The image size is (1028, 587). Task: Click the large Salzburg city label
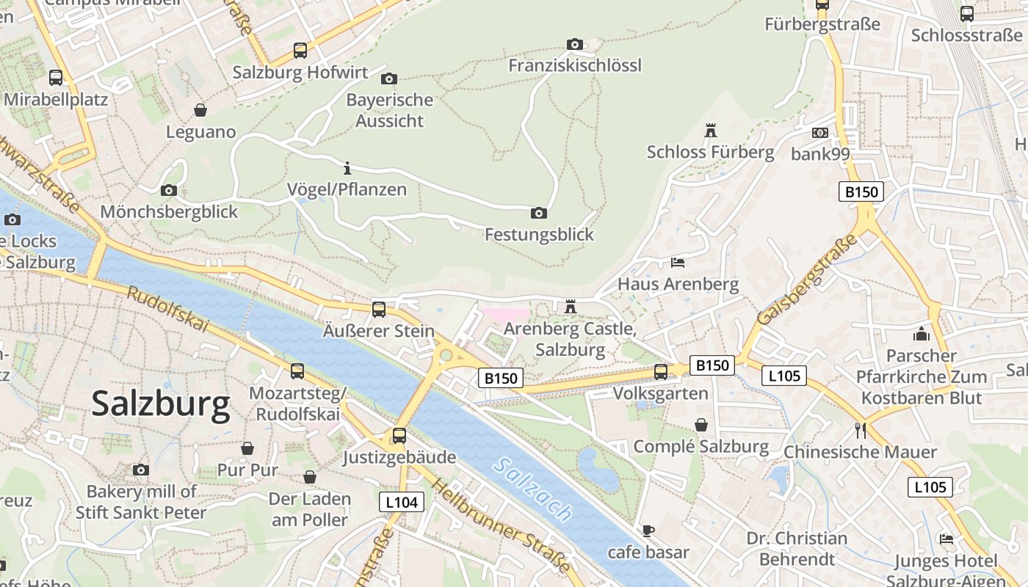click(x=161, y=404)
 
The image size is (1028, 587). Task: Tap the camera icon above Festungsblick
click(x=539, y=214)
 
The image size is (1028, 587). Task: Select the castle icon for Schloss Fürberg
click(x=710, y=131)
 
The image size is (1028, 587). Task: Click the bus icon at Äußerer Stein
click(x=379, y=310)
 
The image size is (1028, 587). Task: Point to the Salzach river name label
click(x=533, y=489)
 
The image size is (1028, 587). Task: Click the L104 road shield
click(x=402, y=502)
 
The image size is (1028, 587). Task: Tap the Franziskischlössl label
click(x=575, y=65)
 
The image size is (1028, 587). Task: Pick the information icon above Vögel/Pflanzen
click(x=347, y=167)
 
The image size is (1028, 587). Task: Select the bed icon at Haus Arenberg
click(x=678, y=262)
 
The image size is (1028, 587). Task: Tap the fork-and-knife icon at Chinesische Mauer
click(x=861, y=430)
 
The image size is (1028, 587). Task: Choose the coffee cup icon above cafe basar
click(x=648, y=531)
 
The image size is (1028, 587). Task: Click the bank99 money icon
click(x=820, y=133)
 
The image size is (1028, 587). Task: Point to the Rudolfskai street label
click(x=168, y=309)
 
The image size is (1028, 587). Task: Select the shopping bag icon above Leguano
click(x=200, y=110)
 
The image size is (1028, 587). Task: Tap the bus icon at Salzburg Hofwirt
click(x=300, y=51)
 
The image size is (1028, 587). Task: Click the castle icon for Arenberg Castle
click(x=571, y=307)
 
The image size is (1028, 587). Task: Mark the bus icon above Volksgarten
click(x=661, y=372)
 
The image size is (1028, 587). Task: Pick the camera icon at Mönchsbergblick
click(x=169, y=191)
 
